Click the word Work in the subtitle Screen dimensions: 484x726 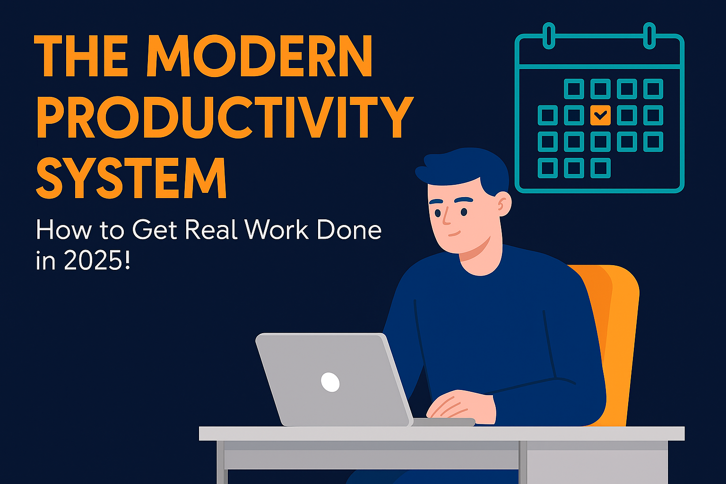277,230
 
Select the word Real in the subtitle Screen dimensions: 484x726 212,230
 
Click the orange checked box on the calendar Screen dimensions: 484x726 600,115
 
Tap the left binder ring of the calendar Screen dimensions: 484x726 549,35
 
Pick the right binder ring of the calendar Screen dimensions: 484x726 650,35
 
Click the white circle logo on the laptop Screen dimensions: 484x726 330,382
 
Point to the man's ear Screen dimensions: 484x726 503,205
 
